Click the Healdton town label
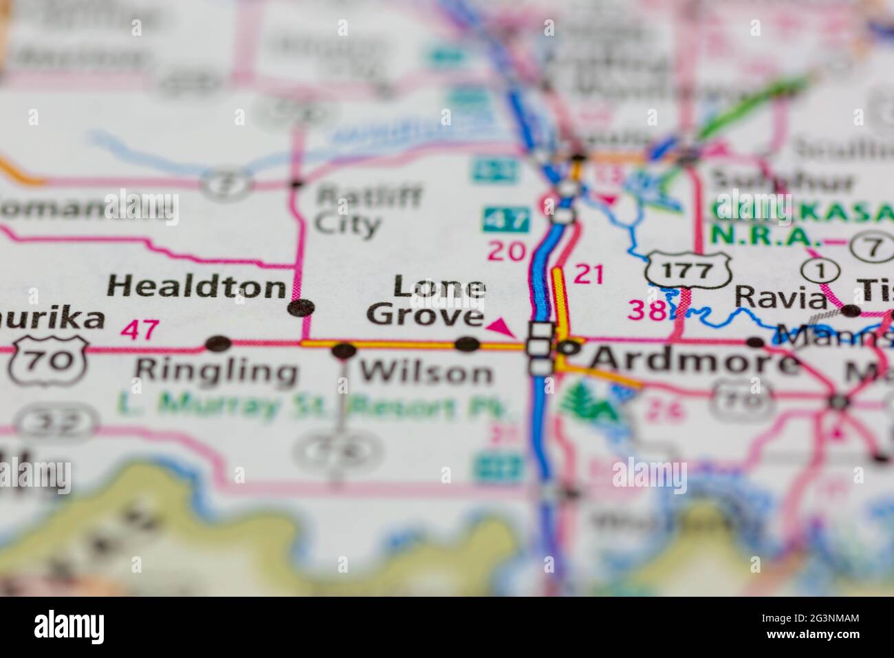point(197,286)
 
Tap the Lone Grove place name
point(426,301)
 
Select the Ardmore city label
point(695,360)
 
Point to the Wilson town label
point(426,372)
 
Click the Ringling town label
point(216,371)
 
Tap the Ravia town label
point(781,297)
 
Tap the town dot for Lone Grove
point(468,343)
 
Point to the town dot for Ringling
point(219,342)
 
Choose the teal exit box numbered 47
point(506,220)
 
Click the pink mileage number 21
point(588,275)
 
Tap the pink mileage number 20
point(506,252)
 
